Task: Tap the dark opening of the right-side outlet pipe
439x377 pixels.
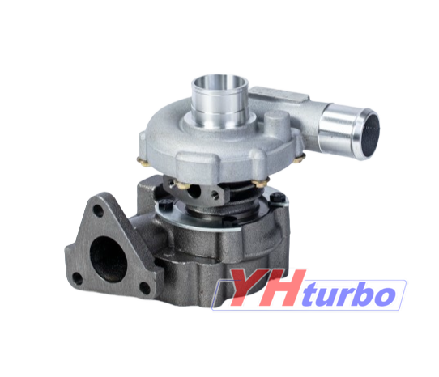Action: (371, 135)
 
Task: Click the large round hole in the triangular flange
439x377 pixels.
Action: (108, 259)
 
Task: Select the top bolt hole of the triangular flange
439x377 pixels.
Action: (98, 210)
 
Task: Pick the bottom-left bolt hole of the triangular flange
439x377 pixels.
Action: (77, 278)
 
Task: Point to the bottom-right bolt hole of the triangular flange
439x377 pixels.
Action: (145, 288)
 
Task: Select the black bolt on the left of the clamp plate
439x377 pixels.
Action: (165, 204)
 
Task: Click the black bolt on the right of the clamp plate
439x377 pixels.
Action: (278, 197)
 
